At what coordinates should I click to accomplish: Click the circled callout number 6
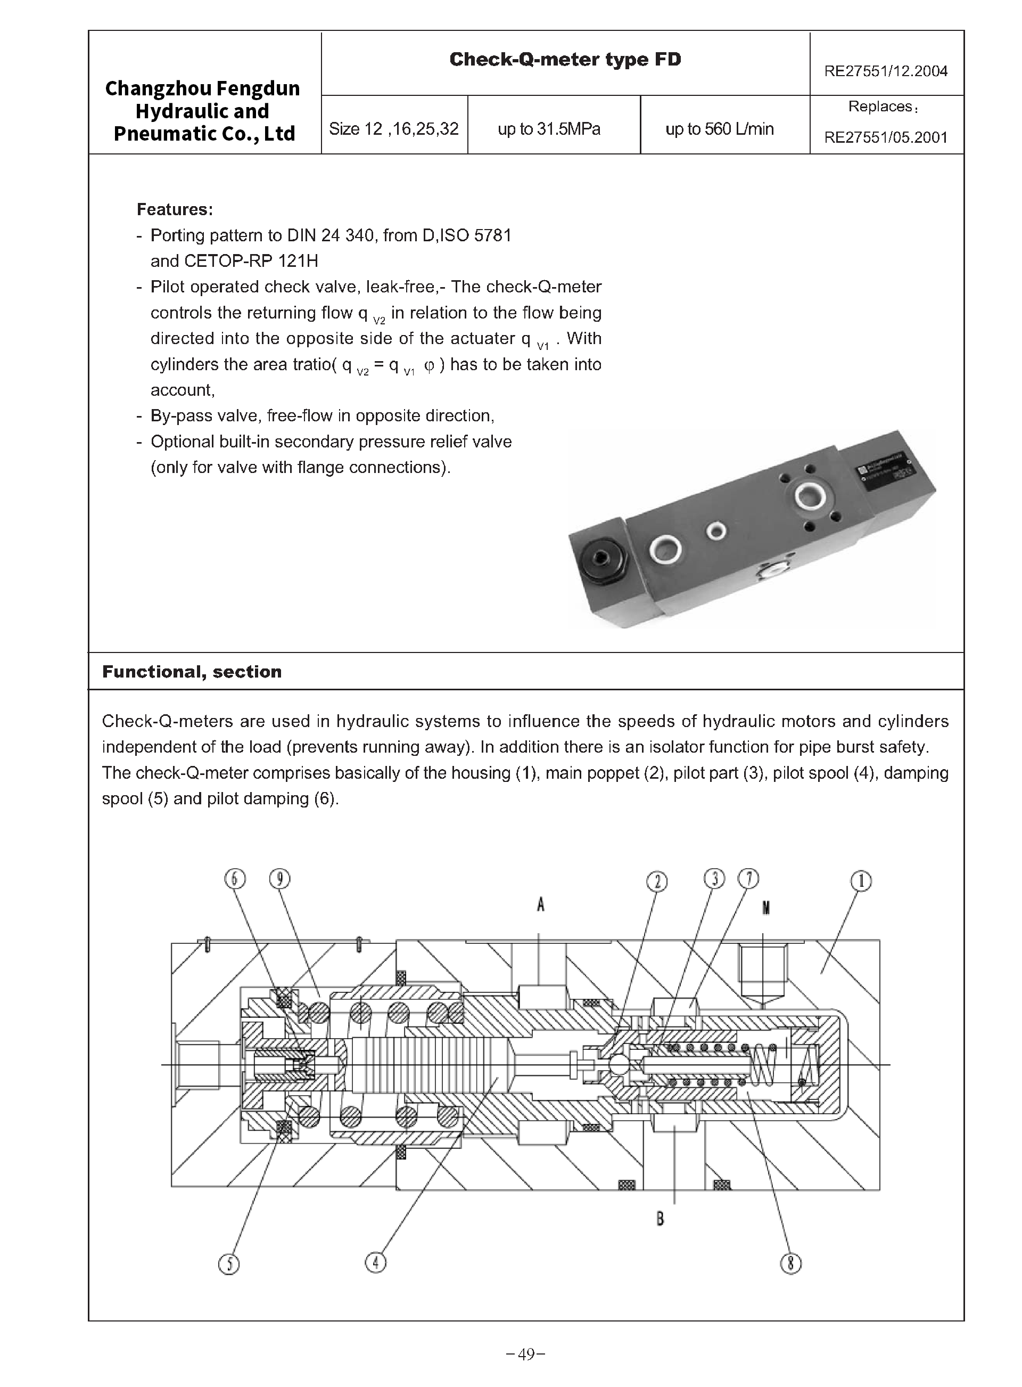tap(234, 879)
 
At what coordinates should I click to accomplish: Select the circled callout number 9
tap(280, 879)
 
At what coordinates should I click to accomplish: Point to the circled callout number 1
tap(861, 880)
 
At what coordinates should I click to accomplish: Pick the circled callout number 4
tap(375, 1262)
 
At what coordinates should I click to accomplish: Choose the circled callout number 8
tap(790, 1263)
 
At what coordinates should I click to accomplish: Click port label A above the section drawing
tap(541, 905)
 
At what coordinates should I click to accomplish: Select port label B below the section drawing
tap(660, 1219)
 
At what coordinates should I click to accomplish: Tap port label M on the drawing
tap(766, 908)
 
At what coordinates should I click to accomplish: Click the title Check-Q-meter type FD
tap(565, 60)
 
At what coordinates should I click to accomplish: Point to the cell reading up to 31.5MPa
tap(549, 129)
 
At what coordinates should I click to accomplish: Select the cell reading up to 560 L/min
tap(720, 129)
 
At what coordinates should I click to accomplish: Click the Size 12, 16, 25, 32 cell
tap(393, 129)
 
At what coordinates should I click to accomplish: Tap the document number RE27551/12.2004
tap(885, 71)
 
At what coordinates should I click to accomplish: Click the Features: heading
tap(175, 209)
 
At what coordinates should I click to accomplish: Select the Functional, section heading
tap(192, 672)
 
